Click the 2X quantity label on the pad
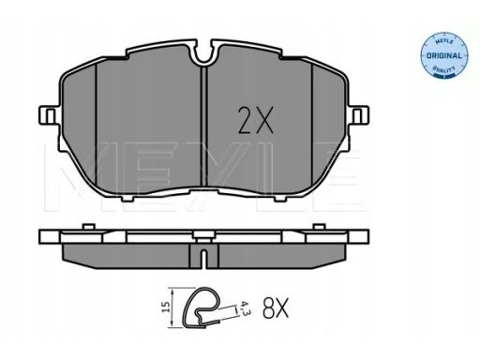256,120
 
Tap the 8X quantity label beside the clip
276,307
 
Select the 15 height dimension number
166,307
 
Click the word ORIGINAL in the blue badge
443,56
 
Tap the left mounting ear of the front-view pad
49,115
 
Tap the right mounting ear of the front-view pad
359,115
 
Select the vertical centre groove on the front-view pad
203,126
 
